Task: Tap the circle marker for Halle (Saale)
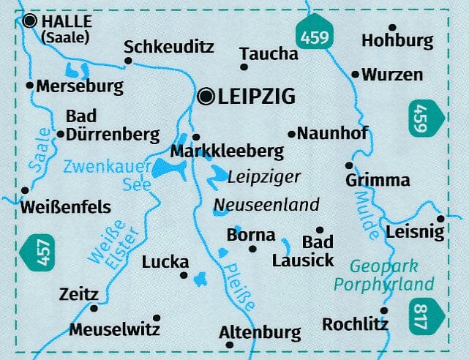click(30, 21)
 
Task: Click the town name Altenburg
click(260, 333)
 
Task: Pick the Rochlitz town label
click(355, 323)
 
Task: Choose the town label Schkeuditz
click(169, 47)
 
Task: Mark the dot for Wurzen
click(355, 75)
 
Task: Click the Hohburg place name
click(397, 40)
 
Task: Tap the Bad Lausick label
click(303, 251)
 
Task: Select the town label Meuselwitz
click(114, 329)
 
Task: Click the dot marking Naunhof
click(291, 134)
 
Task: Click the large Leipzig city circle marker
click(206, 95)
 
